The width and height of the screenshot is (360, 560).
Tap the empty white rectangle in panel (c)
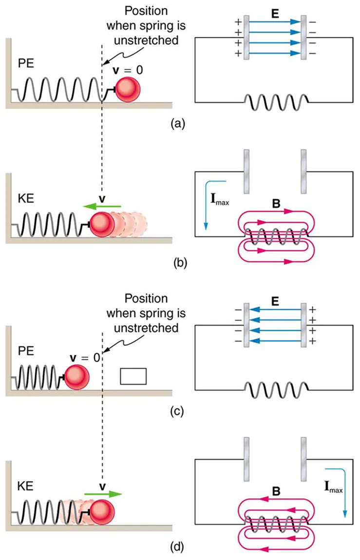pyautogui.click(x=133, y=376)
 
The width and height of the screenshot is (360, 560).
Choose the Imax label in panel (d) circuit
pyautogui.click(x=336, y=485)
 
